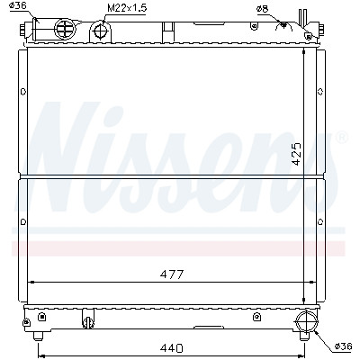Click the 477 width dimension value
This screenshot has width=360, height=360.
[x=171, y=274]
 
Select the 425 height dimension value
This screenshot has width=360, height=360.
[x=296, y=154]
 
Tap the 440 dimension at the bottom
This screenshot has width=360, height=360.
[x=171, y=348]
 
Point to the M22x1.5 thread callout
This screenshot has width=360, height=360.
[x=127, y=8]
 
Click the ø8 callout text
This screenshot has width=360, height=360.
[x=262, y=9]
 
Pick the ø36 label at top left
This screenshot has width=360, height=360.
[x=18, y=5]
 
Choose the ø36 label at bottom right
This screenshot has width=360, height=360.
[x=343, y=346]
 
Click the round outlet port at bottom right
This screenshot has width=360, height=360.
[x=306, y=321]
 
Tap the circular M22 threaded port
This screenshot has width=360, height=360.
[x=100, y=31]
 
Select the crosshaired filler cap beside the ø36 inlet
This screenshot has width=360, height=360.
[x=65, y=29]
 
